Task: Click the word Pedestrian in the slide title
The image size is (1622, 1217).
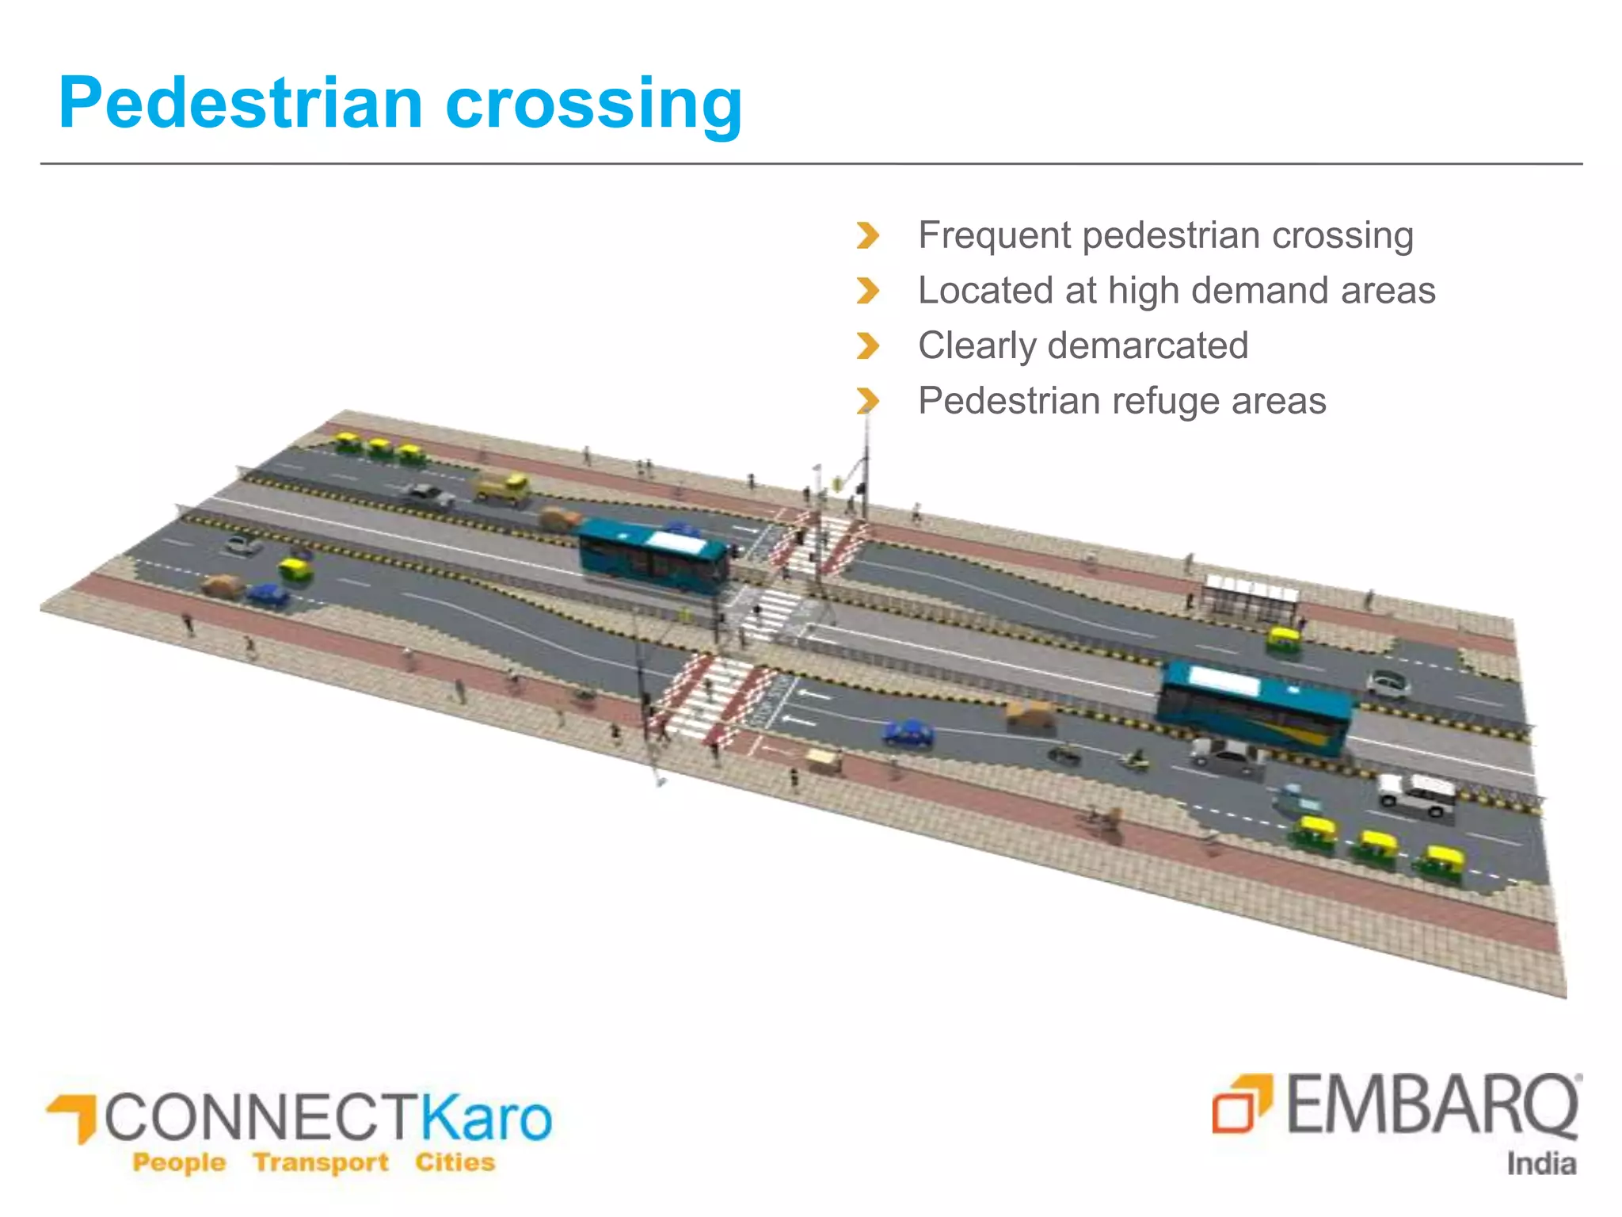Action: [241, 104]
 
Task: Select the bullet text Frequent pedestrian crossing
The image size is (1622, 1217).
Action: [1165, 235]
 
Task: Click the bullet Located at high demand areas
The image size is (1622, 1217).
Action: [1176, 291]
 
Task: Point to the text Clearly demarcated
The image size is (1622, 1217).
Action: [1083, 346]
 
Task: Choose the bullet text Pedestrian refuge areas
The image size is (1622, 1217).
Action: [1121, 401]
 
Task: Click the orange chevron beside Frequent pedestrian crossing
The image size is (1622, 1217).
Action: [868, 235]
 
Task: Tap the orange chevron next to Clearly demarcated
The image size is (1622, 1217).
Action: [868, 346]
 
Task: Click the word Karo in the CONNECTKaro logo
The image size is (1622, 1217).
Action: [485, 1117]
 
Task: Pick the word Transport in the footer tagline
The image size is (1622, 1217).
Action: [321, 1162]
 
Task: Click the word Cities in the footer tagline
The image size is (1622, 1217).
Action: [455, 1162]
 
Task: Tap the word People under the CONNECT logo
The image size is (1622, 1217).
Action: [179, 1162]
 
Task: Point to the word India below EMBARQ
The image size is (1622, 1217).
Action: [1540, 1164]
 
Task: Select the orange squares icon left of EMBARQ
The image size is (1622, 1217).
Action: [1241, 1103]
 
